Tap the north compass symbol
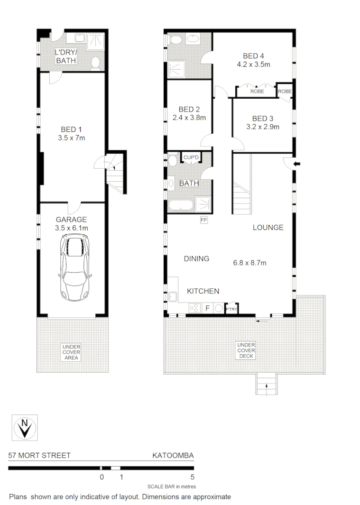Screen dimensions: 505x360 click(x=24, y=428)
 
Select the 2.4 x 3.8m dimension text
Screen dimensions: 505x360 click(x=188, y=118)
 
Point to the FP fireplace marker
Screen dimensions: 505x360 click(x=204, y=220)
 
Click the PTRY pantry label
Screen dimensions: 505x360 click(x=231, y=309)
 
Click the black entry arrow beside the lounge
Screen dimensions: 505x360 click(x=297, y=164)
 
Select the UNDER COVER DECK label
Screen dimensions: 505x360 click(x=246, y=350)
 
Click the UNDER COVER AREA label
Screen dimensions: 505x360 click(x=71, y=352)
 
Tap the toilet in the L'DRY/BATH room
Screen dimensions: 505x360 click(x=95, y=62)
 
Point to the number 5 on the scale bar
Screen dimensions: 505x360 click(x=192, y=477)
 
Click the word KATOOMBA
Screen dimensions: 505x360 click(x=173, y=456)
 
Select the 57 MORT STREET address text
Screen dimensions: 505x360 click(x=39, y=456)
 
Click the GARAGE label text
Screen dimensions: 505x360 click(x=72, y=220)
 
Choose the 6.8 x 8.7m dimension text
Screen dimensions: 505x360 click(x=249, y=262)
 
